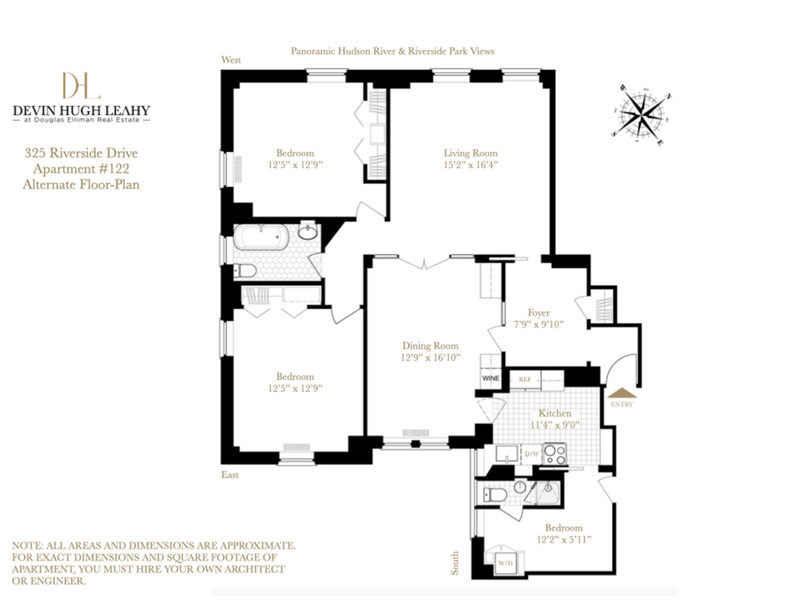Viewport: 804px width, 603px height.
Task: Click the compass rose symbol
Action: coord(641,114)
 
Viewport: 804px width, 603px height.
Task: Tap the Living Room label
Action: coord(470,153)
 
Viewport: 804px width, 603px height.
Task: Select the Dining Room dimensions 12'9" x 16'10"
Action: coord(430,358)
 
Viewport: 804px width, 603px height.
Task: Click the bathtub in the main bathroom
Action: coord(261,237)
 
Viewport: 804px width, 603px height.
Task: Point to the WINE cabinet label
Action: coord(490,378)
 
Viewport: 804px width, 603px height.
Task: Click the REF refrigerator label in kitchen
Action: coord(525,379)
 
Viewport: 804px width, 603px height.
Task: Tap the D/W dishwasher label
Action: coord(532,454)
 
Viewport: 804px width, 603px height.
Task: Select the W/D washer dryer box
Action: coord(505,563)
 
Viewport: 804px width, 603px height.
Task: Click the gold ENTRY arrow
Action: coord(622,393)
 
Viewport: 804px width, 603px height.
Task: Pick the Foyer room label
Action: coord(539,313)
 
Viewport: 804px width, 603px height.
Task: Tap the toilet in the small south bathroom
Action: coord(494,495)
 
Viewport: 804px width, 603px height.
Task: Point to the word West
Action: coord(231,60)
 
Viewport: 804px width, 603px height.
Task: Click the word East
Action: coord(229,474)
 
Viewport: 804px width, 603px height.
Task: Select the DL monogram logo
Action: coord(81,85)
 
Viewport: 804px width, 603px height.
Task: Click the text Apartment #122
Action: coord(81,169)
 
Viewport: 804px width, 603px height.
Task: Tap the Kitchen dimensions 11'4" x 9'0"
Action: coord(554,425)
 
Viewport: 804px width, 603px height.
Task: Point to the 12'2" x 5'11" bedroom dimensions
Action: coord(564,539)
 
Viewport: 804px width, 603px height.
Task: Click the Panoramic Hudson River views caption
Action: coord(392,51)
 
